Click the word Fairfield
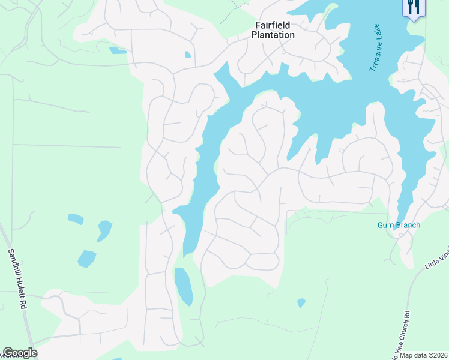tap(273, 25)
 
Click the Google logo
tap(20, 353)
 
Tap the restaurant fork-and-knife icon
tap(414, 7)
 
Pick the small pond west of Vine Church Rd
tap(301, 303)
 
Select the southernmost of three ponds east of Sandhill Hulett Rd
tap(86, 259)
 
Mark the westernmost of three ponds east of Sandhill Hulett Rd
tap(76, 219)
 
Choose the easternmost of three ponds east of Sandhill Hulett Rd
tap(104, 230)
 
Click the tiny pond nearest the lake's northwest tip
tap(188, 55)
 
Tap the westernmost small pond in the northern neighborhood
tap(118, 51)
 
